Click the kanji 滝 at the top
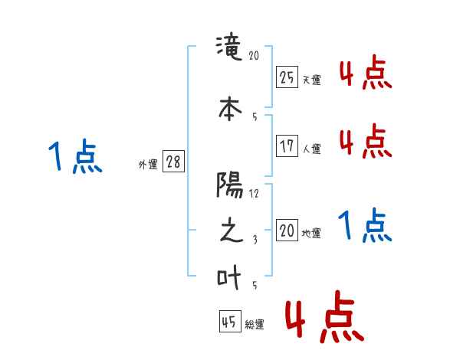(x=231, y=48)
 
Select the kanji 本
(x=231, y=106)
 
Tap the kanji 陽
(x=231, y=184)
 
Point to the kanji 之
(x=231, y=231)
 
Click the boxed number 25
(x=287, y=77)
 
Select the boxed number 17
(x=287, y=146)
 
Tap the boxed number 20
(x=287, y=231)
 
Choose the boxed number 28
(x=173, y=162)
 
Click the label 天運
(x=311, y=80)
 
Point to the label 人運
(x=311, y=149)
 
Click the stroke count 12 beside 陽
(x=255, y=193)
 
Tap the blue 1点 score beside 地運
(x=365, y=226)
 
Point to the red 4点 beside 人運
(x=365, y=141)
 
